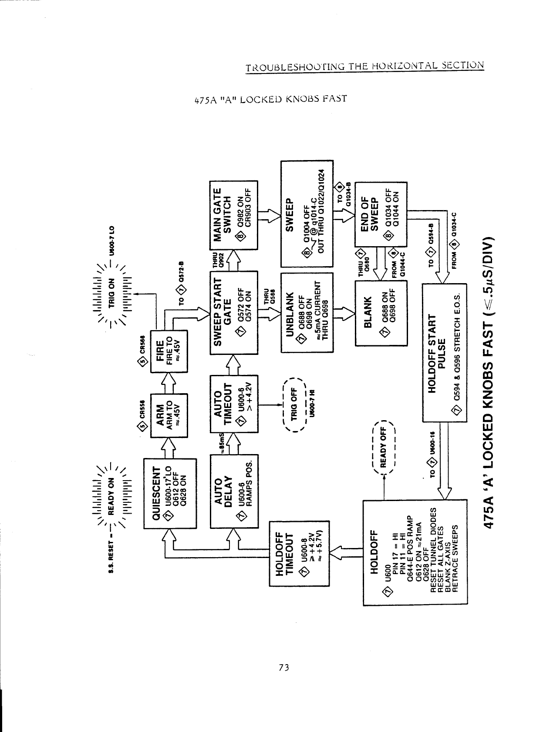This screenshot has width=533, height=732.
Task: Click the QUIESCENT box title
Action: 157,493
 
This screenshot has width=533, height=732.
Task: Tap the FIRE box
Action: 169,351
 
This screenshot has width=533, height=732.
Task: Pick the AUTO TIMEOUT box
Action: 234,403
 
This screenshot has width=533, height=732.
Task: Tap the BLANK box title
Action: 368,312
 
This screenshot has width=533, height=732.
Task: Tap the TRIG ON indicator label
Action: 111,292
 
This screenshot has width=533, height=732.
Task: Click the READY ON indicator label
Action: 111,494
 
